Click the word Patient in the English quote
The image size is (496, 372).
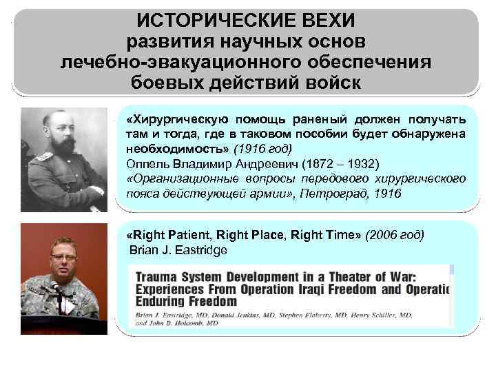pos(189,235)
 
